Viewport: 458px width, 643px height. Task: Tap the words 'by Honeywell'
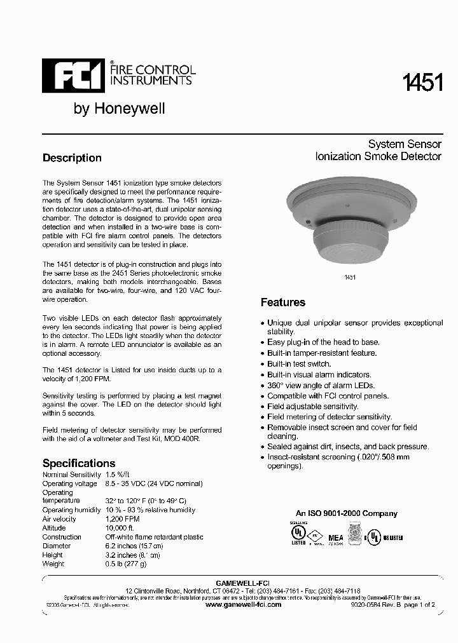point(120,109)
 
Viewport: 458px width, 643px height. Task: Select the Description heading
point(72,158)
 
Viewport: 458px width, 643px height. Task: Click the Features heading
point(283,302)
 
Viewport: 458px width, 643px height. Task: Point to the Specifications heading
point(79,463)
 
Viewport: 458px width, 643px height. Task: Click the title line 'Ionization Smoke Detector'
point(378,156)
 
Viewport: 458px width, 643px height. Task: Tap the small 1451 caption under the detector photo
point(349,278)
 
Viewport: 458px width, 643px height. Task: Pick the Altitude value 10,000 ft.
point(120,528)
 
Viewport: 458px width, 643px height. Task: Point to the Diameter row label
point(57,546)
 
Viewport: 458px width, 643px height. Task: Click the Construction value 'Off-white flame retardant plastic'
point(153,537)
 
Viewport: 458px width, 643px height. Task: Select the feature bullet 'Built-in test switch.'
point(298,364)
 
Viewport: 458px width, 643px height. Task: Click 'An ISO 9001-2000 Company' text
point(347,513)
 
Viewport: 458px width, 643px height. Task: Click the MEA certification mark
point(335,538)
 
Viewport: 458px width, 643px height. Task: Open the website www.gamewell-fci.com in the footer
point(244,605)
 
